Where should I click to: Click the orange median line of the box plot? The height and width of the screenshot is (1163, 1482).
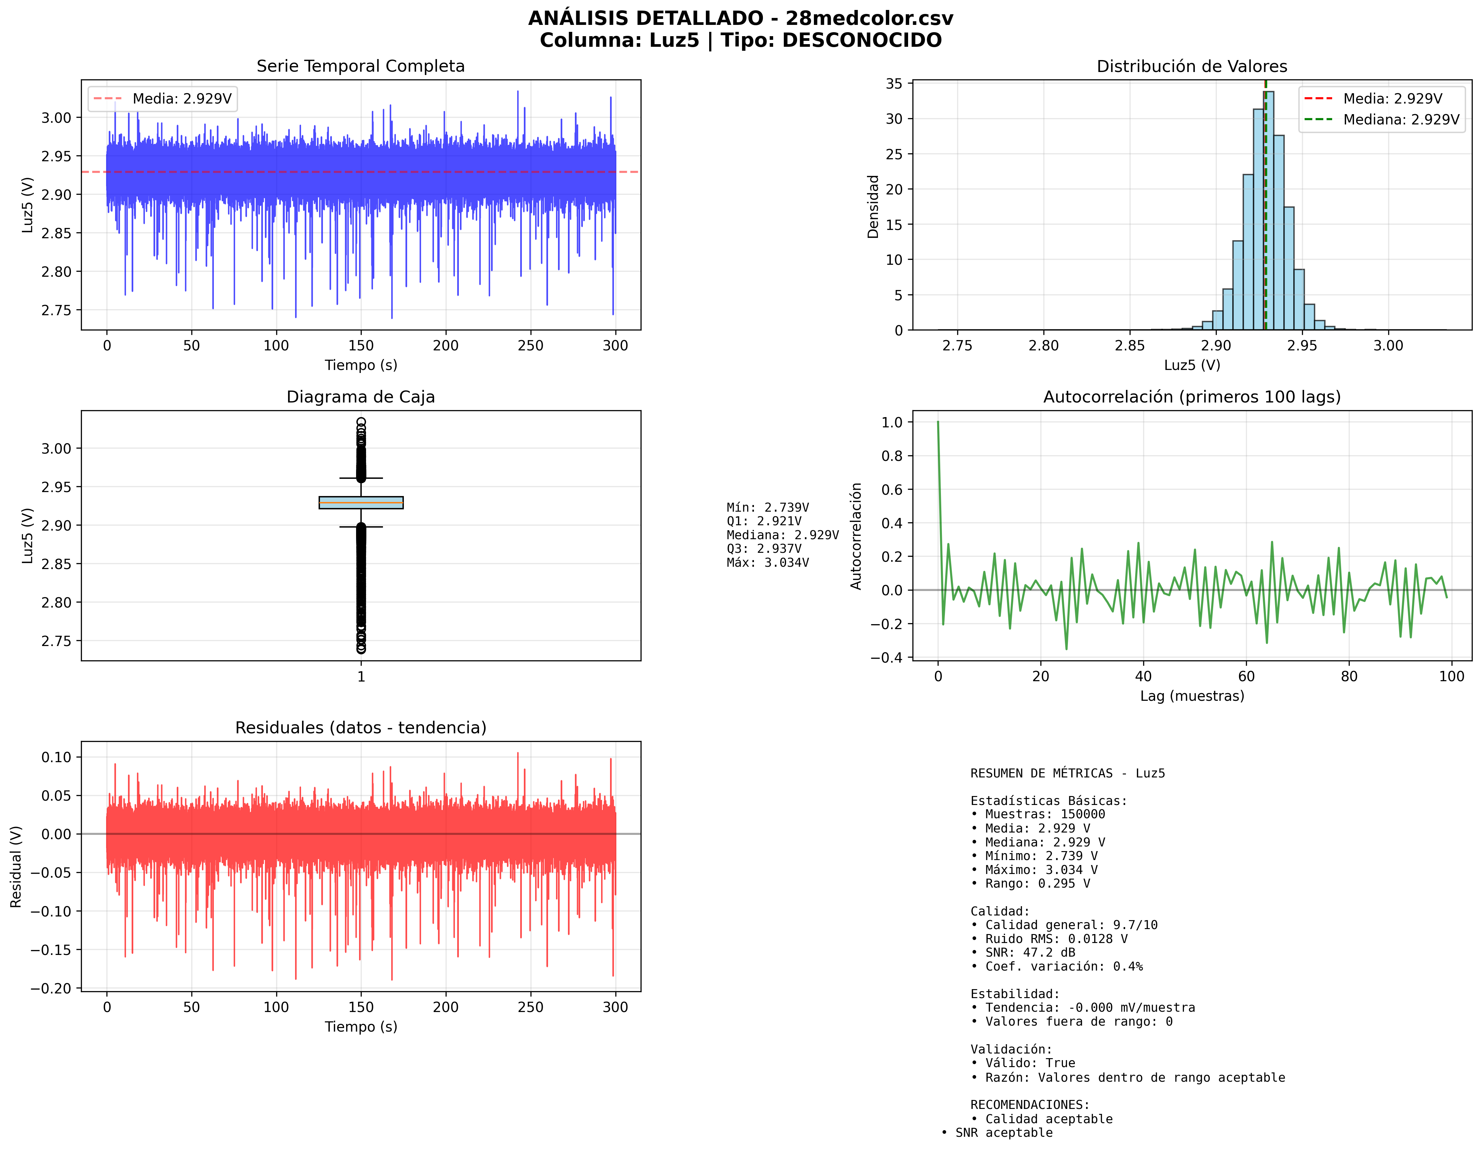(361, 502)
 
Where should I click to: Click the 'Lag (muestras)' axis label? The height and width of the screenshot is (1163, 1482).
(1192, 696)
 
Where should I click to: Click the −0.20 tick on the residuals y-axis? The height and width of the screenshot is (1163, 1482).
(51, 988)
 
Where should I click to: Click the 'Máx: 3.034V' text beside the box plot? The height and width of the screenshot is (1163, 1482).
(768, 562)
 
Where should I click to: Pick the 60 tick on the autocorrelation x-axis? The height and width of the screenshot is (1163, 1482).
(1246, 676)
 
